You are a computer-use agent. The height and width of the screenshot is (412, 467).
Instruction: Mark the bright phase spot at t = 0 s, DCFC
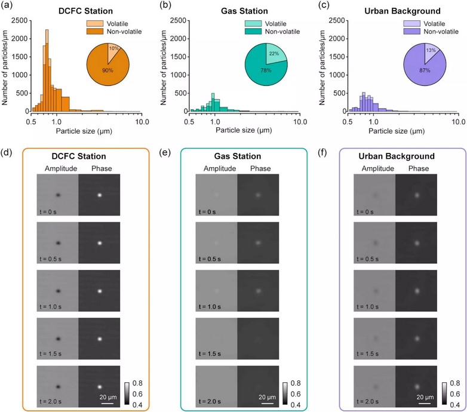(100, 195)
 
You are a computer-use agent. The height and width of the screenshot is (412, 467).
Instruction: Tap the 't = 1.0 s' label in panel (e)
(210, 306)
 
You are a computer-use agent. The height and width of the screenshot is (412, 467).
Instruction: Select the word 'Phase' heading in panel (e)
(258, 169)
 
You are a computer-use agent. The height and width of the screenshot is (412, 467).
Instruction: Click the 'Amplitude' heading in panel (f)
(374, 169)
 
